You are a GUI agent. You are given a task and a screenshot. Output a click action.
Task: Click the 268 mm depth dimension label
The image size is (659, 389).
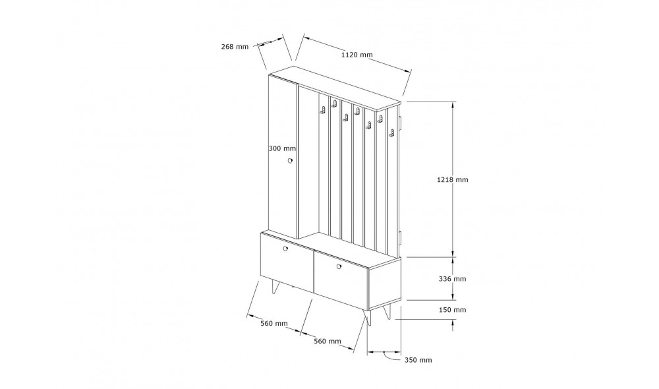point(235,47)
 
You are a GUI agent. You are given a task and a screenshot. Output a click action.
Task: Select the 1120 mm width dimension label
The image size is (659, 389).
point(357,55)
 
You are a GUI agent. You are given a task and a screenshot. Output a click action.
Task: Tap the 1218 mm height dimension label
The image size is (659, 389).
point(452,179)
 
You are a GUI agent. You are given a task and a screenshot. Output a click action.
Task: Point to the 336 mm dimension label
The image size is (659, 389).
point(452,279)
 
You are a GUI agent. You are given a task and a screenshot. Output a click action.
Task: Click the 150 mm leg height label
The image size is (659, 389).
point(452,310)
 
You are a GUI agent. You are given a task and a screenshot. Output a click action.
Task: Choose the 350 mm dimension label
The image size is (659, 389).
point(418,360)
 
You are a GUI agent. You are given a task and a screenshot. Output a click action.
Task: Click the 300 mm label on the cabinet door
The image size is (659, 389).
point(282,148)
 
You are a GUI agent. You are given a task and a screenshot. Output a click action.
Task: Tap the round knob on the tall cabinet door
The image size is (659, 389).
point(289,160)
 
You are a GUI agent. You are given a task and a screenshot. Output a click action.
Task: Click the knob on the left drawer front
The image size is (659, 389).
point(285,249)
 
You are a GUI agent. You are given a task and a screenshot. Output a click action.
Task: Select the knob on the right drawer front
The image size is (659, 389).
point(339,266)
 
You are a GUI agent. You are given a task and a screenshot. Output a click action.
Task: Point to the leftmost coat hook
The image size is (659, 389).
point(323,110)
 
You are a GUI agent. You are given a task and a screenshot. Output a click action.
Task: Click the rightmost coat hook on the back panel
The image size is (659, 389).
point(391,133)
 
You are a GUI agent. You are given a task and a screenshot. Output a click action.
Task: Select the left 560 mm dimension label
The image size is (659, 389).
point(274,323)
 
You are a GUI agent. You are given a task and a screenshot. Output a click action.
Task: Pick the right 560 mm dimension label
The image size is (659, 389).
point(328,341)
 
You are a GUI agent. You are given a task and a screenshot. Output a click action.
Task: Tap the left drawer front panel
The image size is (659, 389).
point(287,262)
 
